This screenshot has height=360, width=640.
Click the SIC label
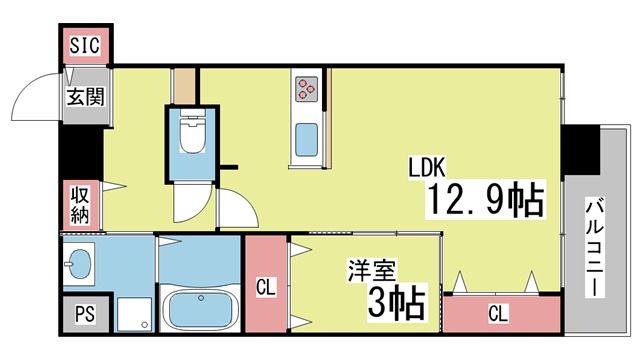[84, 45]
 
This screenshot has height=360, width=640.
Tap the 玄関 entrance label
[86, 97]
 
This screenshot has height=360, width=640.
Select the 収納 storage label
[80, 205]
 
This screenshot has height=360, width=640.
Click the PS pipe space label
[85, 314]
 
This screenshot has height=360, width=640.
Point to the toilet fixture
[192, 131]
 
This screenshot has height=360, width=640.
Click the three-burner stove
[307, 89]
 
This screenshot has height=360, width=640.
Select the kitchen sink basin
[307, 140]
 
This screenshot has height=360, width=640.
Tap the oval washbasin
[80, 263]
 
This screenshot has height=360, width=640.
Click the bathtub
[200, 309]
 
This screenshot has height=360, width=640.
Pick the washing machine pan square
[134, 313]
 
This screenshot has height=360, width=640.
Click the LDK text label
[427, 167]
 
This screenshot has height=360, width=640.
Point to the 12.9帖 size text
[486, 200]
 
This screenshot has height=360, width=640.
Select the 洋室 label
[371, 270]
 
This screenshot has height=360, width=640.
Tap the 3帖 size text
[396, 303]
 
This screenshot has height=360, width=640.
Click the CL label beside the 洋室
[266, 287]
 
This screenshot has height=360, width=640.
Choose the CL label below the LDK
[498, 313]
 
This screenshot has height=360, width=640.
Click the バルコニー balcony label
[595, 247]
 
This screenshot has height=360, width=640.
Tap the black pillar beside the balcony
[580, 150]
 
